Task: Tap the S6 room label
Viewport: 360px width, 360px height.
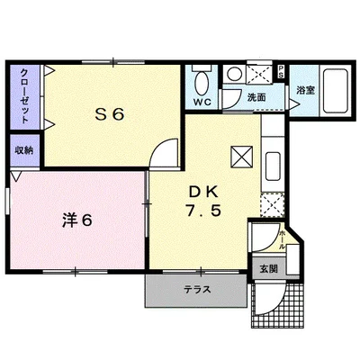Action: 109,114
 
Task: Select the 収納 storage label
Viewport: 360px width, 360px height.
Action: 23,149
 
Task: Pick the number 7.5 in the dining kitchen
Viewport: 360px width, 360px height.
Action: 203,211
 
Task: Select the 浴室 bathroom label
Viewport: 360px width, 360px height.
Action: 304,90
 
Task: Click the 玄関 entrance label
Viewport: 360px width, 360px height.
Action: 269,267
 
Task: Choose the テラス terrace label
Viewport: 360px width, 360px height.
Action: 197,291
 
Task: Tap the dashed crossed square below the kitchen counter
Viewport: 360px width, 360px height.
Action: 271,204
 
